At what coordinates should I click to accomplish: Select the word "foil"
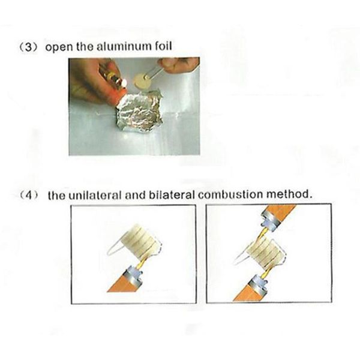coord(163,46)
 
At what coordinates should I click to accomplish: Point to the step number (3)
coord(28,47)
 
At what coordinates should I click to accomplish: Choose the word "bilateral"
coord(171,194)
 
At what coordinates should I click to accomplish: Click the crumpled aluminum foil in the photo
coord(139,112)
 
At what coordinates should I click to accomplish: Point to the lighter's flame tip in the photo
coord(124,81)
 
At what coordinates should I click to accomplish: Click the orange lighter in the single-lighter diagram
coord(124,281)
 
